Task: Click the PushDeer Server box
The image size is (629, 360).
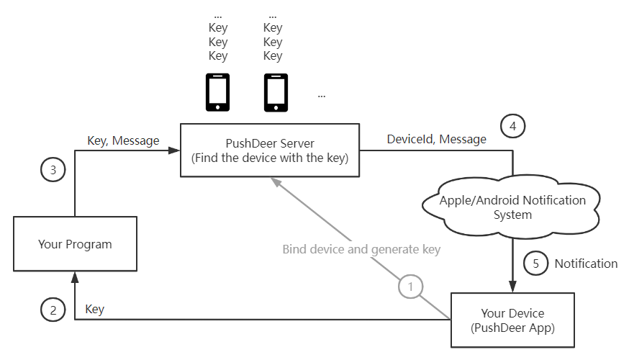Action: (269, 150)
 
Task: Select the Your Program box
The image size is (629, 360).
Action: (75, 244)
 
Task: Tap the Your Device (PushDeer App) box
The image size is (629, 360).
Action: (512, 320)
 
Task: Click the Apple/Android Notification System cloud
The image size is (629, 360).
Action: (512, 207)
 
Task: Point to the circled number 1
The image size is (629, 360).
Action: (410, 287)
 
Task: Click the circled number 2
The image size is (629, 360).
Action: (53, 310)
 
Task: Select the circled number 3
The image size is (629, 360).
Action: (53, 171)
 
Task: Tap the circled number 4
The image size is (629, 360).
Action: (512, 126)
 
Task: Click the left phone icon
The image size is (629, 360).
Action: (218, 91)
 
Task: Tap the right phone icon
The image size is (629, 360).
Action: (273, 91)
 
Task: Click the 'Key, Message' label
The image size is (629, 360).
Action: (123, 141)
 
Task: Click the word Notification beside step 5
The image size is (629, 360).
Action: (586, 264)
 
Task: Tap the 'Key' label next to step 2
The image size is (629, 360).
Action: (94, 310)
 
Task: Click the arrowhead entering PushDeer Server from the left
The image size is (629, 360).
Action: (174, 150)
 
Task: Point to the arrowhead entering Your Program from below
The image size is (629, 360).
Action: (75, 275)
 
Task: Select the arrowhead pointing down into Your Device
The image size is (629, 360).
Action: (512, 288)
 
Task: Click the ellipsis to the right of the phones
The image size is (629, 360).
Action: (321, 95)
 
